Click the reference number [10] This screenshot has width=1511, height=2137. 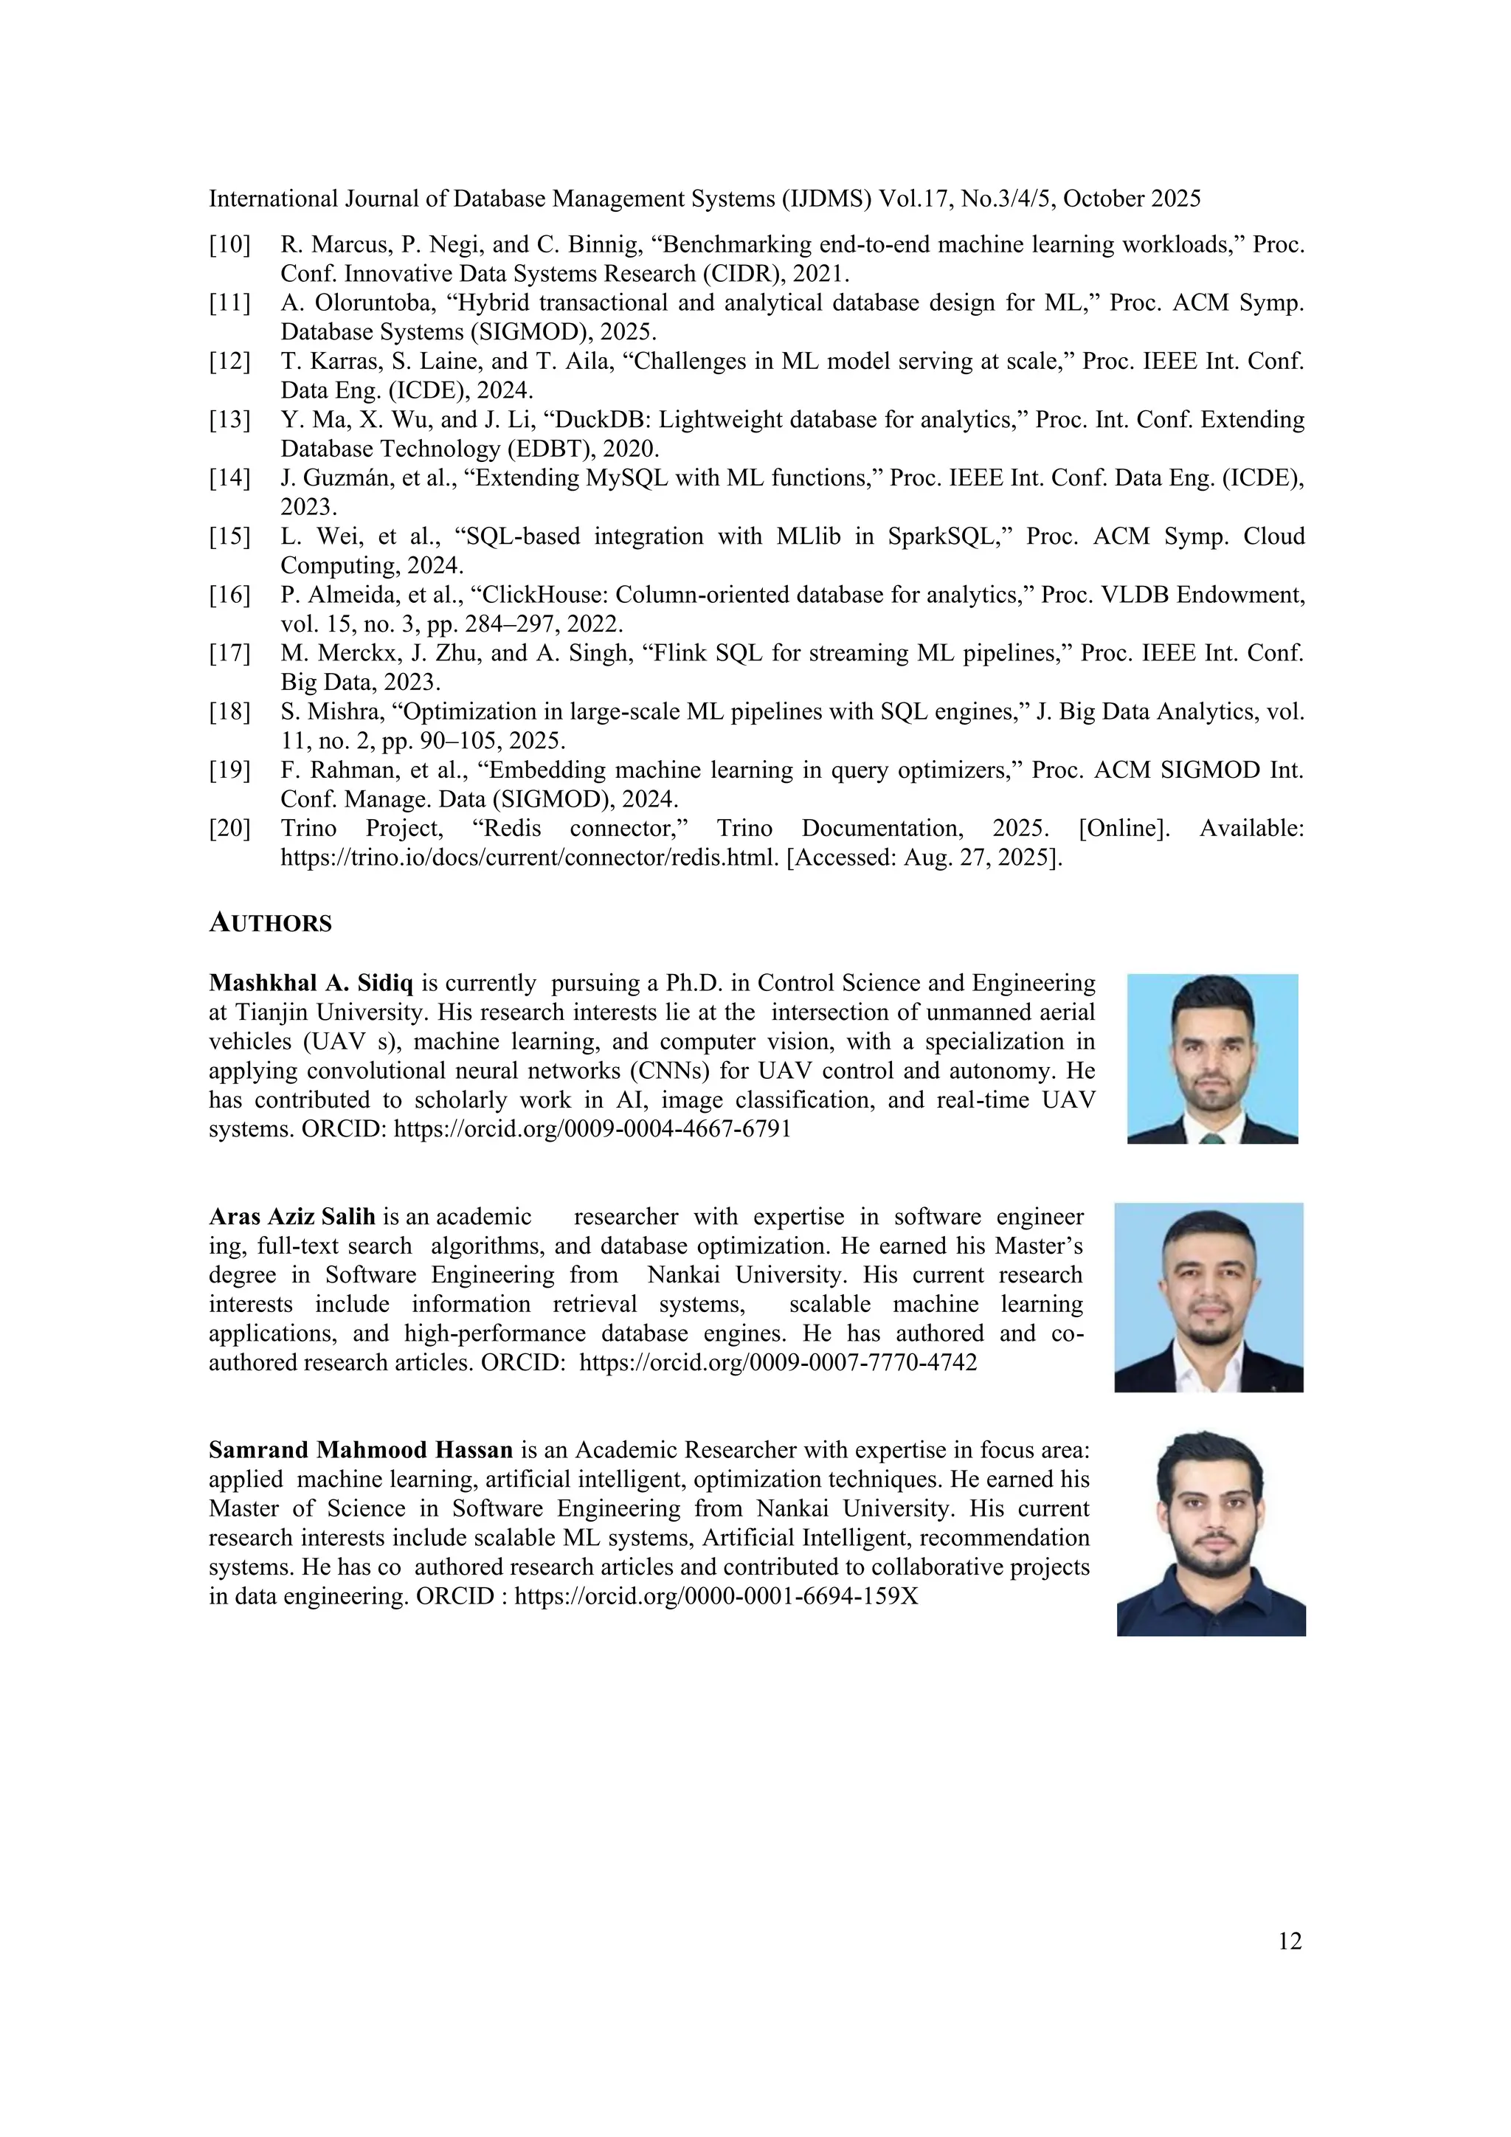229,245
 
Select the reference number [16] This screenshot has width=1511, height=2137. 229,595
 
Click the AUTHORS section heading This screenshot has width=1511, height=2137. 270,923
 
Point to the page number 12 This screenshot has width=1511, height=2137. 1290,1941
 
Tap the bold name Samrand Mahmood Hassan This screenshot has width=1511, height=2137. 361,1450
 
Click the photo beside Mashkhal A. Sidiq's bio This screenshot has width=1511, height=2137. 1211,1058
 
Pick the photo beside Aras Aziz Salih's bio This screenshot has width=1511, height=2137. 1209,1297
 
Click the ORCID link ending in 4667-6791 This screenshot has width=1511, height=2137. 592,1130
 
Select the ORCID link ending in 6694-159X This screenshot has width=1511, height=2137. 716,1597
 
